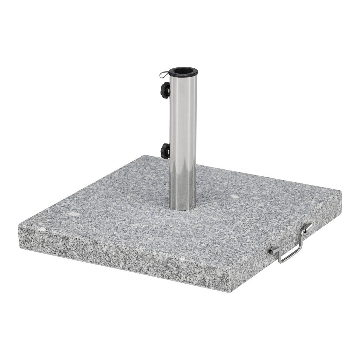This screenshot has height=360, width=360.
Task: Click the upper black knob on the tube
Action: pyautogui.click(x=165, y=90)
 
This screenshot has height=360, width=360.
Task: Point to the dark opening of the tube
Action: pyautogui.click(x=183, y=71)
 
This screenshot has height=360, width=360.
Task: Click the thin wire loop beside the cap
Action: pyautogui.click(x=164, y=74)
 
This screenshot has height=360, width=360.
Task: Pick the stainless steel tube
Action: pyautogui.click(x=183, y=140)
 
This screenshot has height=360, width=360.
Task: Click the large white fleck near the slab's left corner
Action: pyautogui.click(x=73, y=213)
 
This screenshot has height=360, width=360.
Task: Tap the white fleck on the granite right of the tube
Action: pyautogui.click(x=235, y=196)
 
